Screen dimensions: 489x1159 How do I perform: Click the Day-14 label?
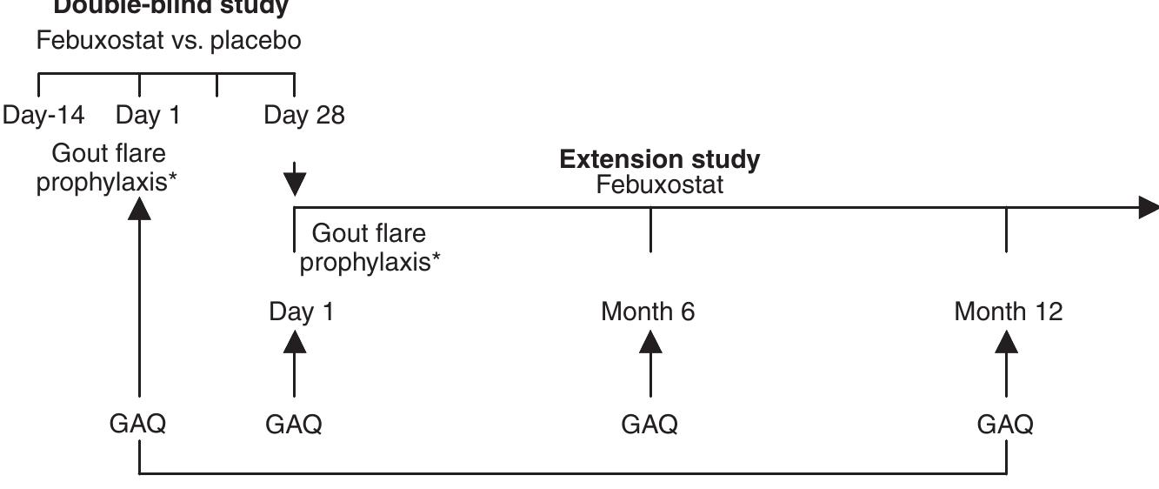pyautogui.click(x=43, y=116)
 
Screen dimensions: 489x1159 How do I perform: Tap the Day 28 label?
pyautogui.click(x=304, y=116)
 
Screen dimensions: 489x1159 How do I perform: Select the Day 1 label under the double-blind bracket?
pyautogui.click(x=149, y=116)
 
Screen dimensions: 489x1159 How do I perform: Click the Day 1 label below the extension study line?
pyautogui.click(x=301, y=311)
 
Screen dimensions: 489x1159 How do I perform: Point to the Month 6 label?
pyautogui.click(x=648, y=311)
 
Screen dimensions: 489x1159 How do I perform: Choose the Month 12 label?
pyautogui.click(x=1008, y=311)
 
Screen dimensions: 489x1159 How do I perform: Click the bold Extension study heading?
pyautogui.click(x=660, y=160)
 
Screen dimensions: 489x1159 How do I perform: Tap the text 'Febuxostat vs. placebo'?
pyautogui.click(x=169, y=41)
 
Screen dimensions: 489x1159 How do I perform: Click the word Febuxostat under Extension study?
pyautogui.click(x=666, y=185)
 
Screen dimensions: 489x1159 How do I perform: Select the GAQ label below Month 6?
pyautogui.click(x=649, y=425)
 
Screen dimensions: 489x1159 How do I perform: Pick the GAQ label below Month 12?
pyautogui.click(x=1006, y=425)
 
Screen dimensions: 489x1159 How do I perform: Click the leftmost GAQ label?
pyautogui.click(x=138, y=425)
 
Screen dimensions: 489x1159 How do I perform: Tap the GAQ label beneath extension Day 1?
pyautogui.click(x=294, y=425)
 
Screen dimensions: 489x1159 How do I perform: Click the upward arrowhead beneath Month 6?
pyautogui.click(x=650, y=341)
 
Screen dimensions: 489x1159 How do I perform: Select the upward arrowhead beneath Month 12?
pyautogui.click(x=1007, y=341)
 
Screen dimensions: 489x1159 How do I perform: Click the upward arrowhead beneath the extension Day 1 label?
pyautogui.click(x=294, y=341)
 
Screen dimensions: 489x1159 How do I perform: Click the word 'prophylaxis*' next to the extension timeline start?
pyautogui.click(x=369, y=262)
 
